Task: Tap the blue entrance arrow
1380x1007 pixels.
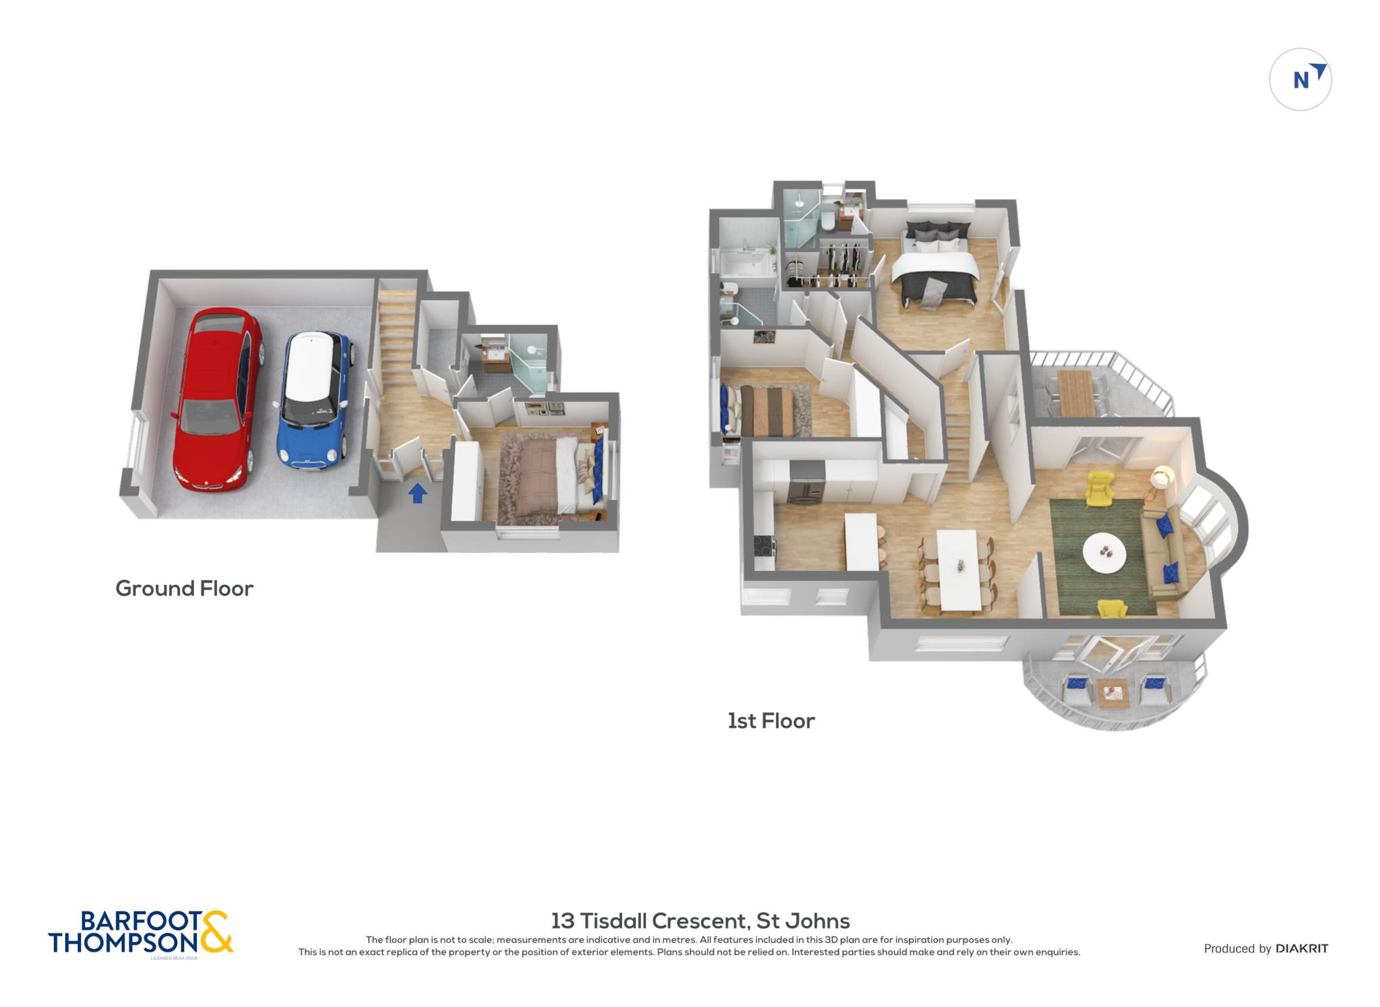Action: point(418,493)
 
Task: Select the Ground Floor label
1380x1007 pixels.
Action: point(184,588)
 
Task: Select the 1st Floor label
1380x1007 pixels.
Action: point(771,721)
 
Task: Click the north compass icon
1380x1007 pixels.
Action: point(1300,80)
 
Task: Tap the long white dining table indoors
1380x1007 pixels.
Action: point(960,570)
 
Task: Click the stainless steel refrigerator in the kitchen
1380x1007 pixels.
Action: point(806,482)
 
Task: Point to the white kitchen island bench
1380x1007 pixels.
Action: point(861,541)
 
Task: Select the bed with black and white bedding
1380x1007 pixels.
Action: point(935,264)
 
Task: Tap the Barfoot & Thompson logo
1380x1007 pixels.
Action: point(141,933)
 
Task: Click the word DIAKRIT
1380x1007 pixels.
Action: point(1302,948)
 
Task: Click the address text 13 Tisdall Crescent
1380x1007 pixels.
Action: point(648,921)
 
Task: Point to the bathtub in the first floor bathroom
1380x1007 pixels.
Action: point(745,264)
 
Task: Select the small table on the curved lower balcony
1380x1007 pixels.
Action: point(1112,692)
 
